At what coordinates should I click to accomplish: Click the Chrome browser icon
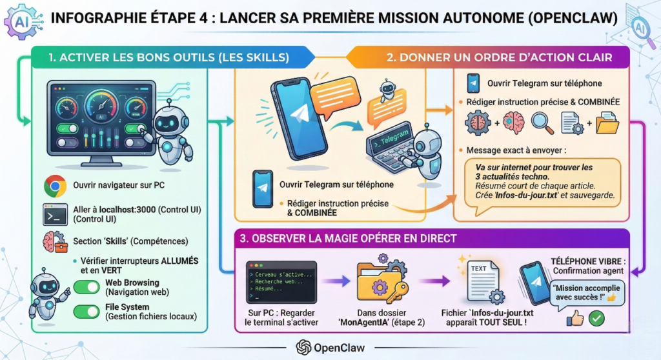[56, 186]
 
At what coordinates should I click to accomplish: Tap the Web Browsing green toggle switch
[86, 287]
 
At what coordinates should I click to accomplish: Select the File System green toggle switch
[86, 312]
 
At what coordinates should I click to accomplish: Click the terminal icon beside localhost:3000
[56, 214]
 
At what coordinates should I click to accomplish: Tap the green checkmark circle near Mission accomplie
[596, 317]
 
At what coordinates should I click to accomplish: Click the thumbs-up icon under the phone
[575, 317]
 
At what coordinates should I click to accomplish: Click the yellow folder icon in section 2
[607, 123]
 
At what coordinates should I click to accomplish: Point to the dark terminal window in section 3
[281, 283]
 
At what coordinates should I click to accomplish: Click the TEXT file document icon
[480, 275]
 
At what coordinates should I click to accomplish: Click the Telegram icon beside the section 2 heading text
[473, 83]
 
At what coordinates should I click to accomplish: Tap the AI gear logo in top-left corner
[21, 19]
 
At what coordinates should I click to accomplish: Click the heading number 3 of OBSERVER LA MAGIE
[243, 238]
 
